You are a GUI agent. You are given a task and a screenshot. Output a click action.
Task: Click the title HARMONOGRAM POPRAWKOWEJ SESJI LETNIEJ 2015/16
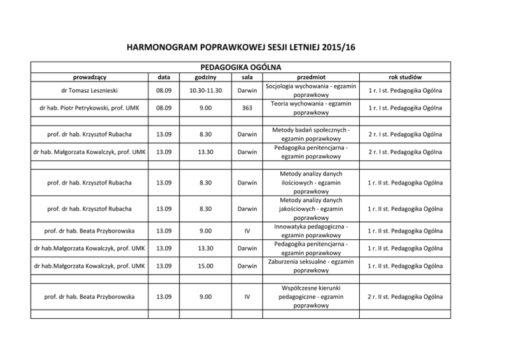[x=254, y=47]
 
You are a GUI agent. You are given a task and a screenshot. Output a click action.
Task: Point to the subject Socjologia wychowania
[x=311, y=91]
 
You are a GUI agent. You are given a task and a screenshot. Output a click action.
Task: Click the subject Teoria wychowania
[x=311, y=109]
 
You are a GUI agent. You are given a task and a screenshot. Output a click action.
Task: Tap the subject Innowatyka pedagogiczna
[x=311, y=229]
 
